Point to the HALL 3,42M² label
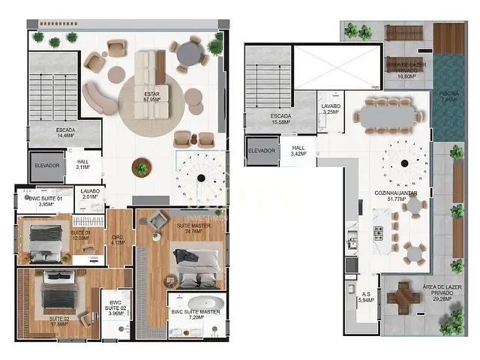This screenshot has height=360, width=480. (298, 151)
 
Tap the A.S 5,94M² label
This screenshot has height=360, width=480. (366, 297)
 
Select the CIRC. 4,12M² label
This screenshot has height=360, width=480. (117, 240)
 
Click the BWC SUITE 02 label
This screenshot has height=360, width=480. (115, 307)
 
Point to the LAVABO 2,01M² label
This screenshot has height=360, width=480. (90, 194)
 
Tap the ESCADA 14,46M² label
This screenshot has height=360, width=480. (64, 133)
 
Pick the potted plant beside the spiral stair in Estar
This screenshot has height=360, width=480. (141, 168)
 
